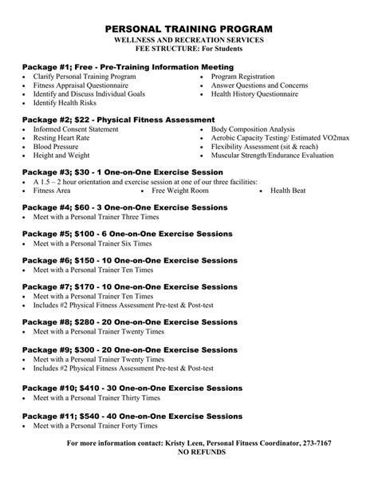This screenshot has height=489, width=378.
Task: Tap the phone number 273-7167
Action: pos(313,443)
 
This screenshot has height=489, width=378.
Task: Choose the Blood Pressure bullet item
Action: pos(56,148)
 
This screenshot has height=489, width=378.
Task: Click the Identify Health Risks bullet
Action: pos(65,103)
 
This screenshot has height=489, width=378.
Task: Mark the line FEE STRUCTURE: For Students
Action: pos(188,48)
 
